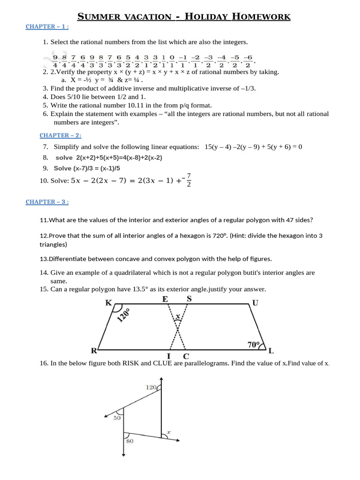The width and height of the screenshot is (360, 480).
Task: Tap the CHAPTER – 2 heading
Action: coord(60,135)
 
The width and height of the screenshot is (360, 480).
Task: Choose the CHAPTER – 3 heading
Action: coord(47,202)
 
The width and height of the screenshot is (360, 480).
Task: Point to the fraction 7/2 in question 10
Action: coord(188,180)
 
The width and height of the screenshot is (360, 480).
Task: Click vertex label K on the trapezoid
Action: coord(109,303)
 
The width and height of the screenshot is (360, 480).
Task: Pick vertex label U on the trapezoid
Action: coord(255,303)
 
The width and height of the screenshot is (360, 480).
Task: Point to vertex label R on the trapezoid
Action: coord(94,351)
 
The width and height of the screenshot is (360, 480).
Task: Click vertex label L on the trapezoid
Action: coord(271,351)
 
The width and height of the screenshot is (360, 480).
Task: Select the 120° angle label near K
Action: coord(123,316)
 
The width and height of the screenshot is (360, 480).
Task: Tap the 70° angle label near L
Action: coord(254,345)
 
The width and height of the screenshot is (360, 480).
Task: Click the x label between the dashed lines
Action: coord(178,317)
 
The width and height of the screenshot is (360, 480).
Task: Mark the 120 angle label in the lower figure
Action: coord(150,387)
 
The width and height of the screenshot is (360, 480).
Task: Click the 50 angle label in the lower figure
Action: coord(117,417)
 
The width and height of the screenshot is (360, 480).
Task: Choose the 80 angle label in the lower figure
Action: coord(129,441)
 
